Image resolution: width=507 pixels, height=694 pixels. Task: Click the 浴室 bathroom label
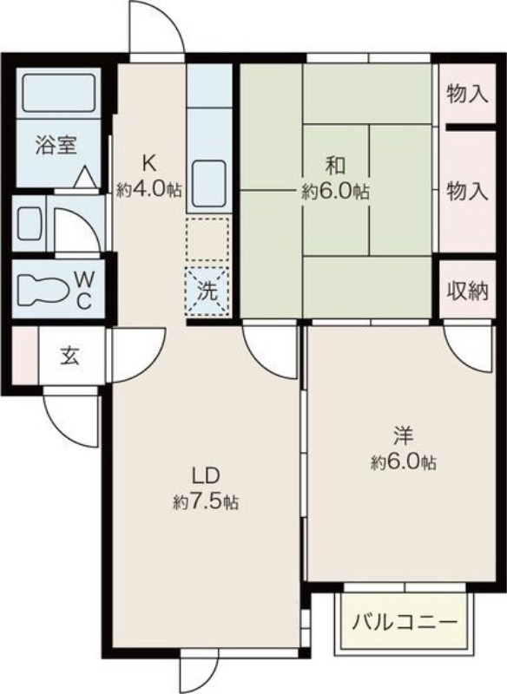[x=56, y=146]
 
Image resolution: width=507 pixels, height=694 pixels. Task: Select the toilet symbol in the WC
[x=43, y=290]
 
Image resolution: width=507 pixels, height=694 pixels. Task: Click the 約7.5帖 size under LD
[x=207, y=502]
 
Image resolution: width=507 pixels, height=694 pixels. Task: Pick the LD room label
[x=206, y=475]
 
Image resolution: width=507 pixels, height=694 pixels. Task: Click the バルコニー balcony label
[x=405, y=623]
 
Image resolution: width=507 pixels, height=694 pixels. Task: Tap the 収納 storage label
[x=467, y=290]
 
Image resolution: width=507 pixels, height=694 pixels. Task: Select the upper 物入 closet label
[x=467, y=93]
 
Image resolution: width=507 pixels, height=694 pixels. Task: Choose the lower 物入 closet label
[x=467, y=192]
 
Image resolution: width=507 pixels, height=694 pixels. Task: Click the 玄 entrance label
[x=70, y=356]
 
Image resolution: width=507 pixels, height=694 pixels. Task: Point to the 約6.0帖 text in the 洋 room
[x=403, y=462]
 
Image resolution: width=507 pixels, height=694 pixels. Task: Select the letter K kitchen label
[x=149, y=161]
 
